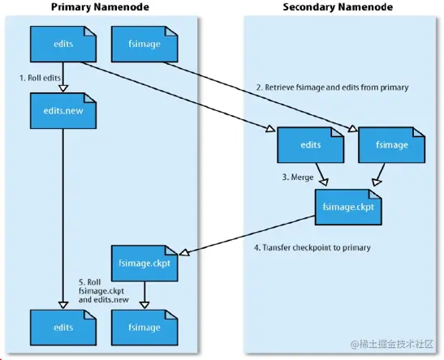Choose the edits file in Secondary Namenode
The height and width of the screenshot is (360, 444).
pos(309,145)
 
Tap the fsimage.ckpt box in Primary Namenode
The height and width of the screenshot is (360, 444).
pos(144,261)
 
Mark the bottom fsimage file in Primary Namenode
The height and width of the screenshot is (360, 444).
pos(144,327)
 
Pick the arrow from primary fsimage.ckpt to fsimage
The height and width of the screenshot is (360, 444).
pos(144,292)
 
